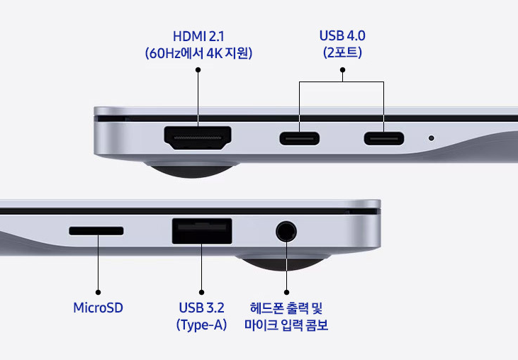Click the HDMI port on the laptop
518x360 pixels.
click(198, 137)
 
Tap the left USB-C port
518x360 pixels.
click(299, 138)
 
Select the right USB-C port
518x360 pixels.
click(384, 138)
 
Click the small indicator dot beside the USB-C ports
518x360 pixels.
click(431, 138)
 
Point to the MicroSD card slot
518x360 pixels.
click(96, 230)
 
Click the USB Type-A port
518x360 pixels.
click(202, 231)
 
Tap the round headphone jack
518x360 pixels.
click(286, 232)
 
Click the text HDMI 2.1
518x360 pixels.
click(198, 36)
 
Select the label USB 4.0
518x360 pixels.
click(342, 35)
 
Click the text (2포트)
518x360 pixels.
click(342, 52)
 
